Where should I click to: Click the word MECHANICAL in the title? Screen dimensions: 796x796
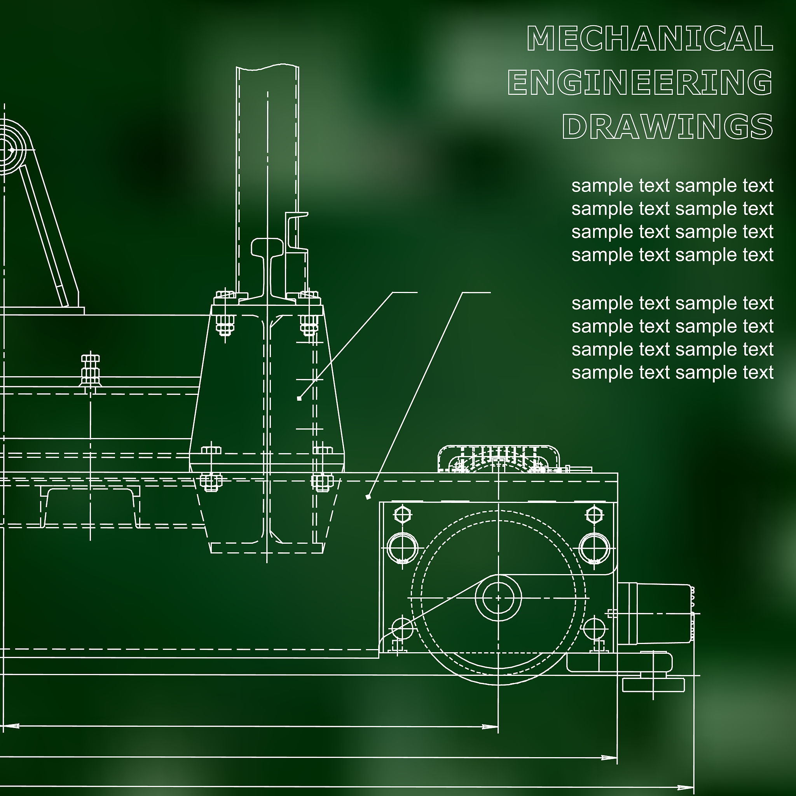click(650, 38)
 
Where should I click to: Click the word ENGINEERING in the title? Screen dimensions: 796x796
click(640, 82)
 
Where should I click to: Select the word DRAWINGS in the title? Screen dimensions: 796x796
click(667, 126)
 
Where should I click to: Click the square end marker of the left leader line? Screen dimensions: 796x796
click(299, 398)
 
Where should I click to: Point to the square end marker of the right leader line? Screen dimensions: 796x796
click(368, 497)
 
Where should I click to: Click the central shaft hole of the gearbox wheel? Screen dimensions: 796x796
click(498, 598)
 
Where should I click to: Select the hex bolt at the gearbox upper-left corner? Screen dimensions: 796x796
click(403, 515)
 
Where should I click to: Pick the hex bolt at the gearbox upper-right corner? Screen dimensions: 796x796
click(594, 515)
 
